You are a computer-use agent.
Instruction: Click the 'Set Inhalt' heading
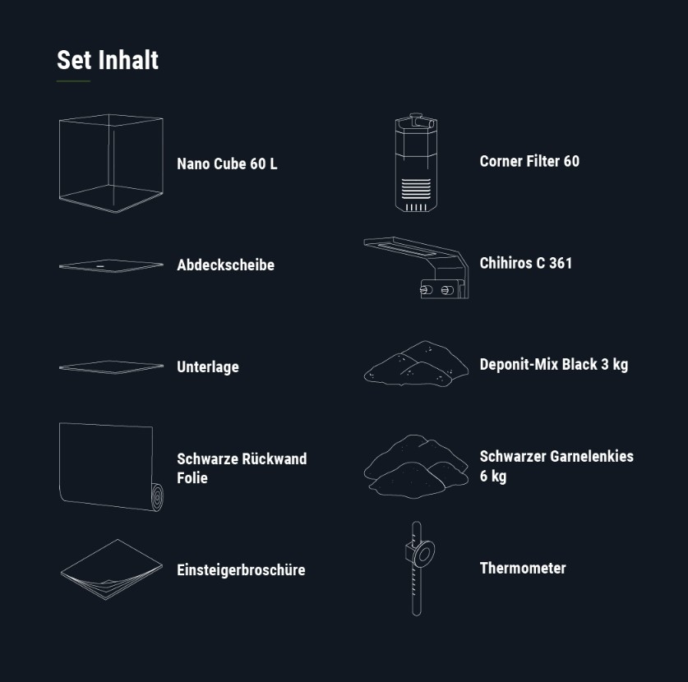(x=108, y=60)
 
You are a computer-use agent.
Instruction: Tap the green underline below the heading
(x=73, y=81)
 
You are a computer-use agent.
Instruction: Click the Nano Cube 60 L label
(x=227, y=164)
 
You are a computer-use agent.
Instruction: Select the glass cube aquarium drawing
(x=111, y=164)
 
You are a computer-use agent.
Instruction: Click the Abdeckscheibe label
(x=225, y=265)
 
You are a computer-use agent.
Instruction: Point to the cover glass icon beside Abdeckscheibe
(x=111, y=265)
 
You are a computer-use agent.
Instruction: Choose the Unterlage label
(x=208, y=366)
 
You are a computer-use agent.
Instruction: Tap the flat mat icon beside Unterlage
(x=111, y=367)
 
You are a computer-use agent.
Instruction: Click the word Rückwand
(x=275, y=459)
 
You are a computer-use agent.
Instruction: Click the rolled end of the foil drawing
(x=157, y=497)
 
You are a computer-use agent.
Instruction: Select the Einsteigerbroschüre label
(x=241, y=569)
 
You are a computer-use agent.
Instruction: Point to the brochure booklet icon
(x=112, y=569)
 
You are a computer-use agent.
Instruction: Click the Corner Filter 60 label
(x=529, y=161)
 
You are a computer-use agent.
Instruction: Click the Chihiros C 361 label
(x=525, y=263)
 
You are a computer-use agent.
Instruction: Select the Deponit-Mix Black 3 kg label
(x=554, y=365)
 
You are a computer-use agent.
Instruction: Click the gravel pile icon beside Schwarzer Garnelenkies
(x=416, y=467)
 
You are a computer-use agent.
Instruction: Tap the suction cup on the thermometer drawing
(x=424, y=555)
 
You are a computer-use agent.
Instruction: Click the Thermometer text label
(x=523, y=568)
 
